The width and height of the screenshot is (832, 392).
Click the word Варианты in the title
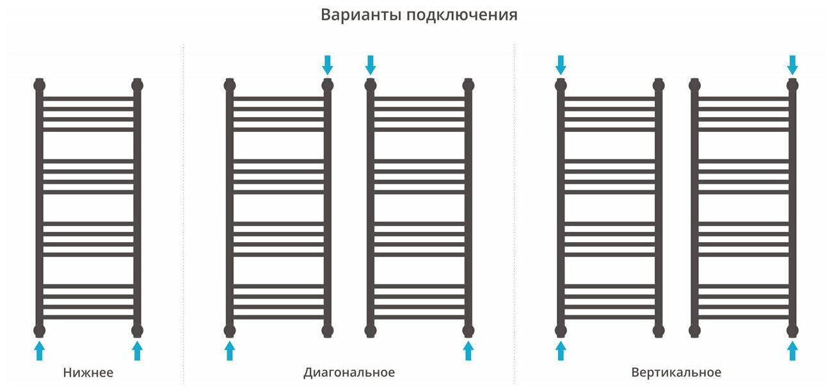(360, 15)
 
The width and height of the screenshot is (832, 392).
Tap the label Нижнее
(88, 373)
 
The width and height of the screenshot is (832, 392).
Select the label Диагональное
(349, 373)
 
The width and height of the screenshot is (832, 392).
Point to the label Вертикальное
(676, 373)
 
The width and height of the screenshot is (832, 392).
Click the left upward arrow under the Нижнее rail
(40, 350)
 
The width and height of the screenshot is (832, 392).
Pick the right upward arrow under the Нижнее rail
(137, 350)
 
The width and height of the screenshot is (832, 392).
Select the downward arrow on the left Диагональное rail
(328, 64)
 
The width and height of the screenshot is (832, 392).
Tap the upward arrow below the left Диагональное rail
(230, 350)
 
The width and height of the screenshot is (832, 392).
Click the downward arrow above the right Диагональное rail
(370, 64)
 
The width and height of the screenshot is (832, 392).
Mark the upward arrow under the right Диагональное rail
(468, 350)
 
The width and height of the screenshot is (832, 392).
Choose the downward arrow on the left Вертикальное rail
(561, 64)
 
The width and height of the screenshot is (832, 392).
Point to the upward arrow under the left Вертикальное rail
(561, 350)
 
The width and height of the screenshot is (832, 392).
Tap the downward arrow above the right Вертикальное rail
(792, 64)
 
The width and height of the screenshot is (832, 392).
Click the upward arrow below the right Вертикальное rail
(792, 350)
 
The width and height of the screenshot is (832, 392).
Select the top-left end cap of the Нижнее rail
(40, 85)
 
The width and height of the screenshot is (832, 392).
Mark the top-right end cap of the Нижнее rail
(137, 85)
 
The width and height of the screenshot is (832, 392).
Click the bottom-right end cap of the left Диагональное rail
(328, 331)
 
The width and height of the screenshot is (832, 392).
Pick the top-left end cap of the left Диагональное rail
(230, 85)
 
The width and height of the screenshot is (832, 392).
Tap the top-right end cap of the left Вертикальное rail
(658, 85)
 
